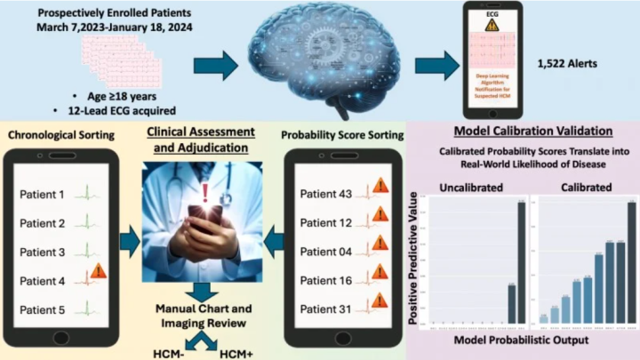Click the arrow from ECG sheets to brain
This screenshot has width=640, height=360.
pyautogui.click(x=212, y=65)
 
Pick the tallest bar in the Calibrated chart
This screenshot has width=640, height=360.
pyautogui.click(x=631, y=262)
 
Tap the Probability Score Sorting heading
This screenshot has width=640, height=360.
pyautogui.click(x=341, y=134)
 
